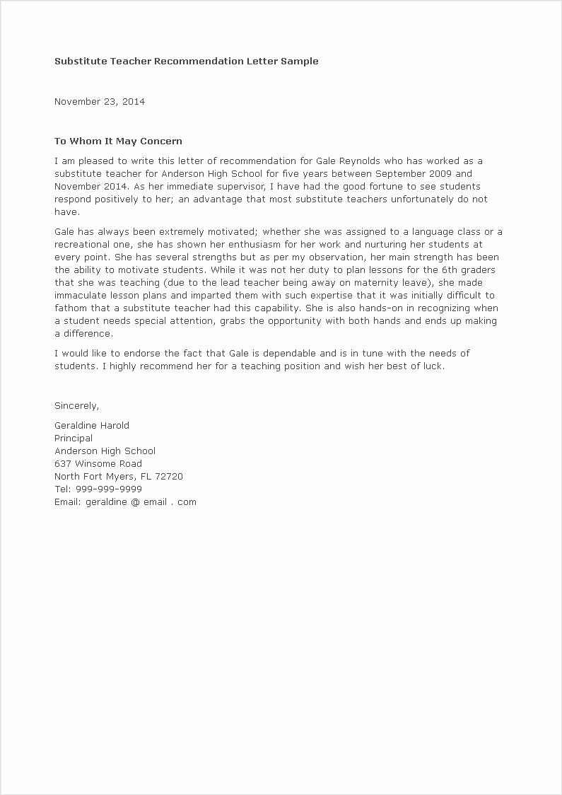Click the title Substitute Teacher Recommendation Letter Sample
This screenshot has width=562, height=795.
pos(187,61)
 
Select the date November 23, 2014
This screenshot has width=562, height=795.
pos(100,101)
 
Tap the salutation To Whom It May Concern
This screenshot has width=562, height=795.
pos(118,141)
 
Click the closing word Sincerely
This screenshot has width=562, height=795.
pos(76,406)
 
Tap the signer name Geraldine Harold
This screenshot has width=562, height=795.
pos(92,426)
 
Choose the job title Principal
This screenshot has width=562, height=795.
pos(74,439)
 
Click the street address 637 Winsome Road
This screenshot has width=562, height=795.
pos(98,464)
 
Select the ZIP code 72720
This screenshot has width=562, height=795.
pos(168,477)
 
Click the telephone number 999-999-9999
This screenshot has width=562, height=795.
pos(108,489)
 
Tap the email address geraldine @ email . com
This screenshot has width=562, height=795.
pos(141,502)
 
